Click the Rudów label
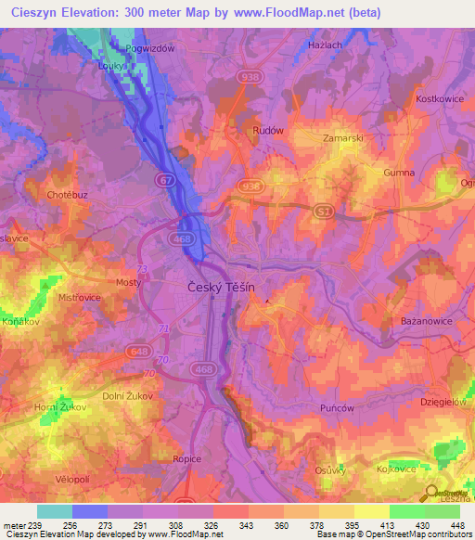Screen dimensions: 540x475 pos(267,131)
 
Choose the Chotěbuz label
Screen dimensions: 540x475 pos(67,195)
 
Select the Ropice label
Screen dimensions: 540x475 pos(187,458)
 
